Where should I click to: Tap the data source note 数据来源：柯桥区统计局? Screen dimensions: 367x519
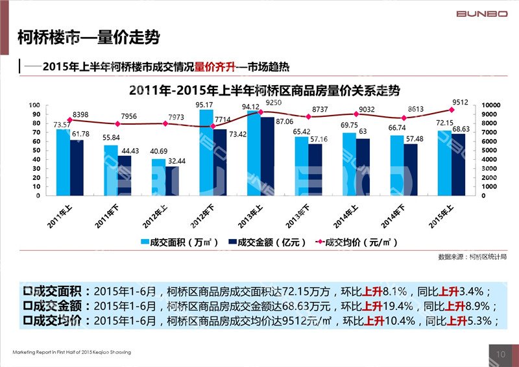coord(472,257)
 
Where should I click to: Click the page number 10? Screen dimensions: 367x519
coord(500,354)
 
